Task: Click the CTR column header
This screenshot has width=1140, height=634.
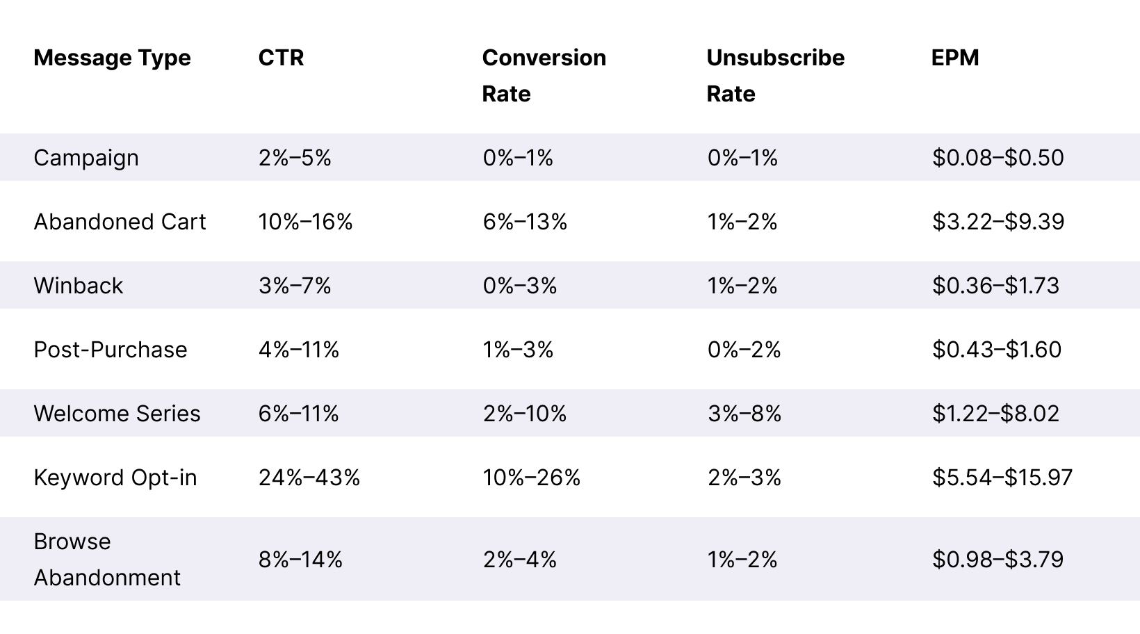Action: click(x=281, y=58)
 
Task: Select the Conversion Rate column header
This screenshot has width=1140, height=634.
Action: click(x=544, y=75)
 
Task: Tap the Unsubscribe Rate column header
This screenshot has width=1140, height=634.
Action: click(x=775, y=75)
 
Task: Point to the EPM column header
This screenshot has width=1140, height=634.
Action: click(x=955, y=58)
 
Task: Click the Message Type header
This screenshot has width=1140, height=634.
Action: click(x=112, y=58)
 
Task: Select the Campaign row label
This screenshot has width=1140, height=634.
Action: click(x=86, y=158)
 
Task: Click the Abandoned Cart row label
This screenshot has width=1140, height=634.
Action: click(x=120, y=222)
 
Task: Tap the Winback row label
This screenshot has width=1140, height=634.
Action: click(x=78, y=286)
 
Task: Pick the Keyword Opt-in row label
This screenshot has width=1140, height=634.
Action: click(x=115, y=478)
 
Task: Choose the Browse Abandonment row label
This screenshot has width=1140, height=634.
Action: click(x=107, y=560)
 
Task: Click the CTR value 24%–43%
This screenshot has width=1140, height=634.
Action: click(x=309, y=478)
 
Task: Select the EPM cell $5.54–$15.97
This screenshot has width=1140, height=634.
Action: click(x=1002, y=478)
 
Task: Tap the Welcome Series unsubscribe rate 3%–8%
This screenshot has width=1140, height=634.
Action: click(x=744, y=414)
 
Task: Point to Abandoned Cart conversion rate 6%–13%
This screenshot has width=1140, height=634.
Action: click(x=525, y=222)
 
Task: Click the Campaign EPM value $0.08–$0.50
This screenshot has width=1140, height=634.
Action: click(x=997, y=158)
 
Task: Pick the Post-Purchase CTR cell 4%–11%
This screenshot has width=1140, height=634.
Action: click(x=299, y=350)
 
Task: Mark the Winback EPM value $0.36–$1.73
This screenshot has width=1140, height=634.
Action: click(x=995, y=286)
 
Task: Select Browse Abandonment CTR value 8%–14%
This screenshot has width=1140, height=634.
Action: click(x=300, y=560)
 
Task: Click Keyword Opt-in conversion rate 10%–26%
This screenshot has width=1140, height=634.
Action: click(x=532, y=478)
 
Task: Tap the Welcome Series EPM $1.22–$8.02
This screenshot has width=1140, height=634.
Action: click(x=995, y=414)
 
